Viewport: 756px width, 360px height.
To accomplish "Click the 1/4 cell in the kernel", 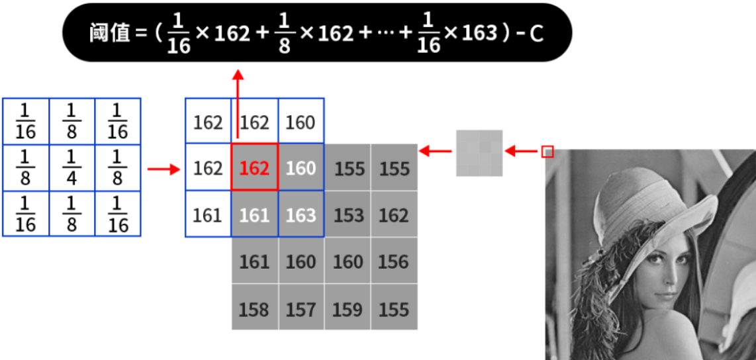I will pos(71,167).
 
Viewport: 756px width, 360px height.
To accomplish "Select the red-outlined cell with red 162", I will pos(254,167).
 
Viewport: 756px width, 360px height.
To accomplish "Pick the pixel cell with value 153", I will pos(348,214).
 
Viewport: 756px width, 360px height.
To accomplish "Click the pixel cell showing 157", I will pos(301,308).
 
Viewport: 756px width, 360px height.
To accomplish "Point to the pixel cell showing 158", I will pos(254,308).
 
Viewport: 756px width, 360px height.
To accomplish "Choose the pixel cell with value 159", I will pos(348,308).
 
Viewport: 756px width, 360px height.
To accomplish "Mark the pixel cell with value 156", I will pos(394,261).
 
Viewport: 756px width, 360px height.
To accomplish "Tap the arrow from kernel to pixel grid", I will pos(164,169).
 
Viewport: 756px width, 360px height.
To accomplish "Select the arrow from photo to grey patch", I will pos(522,152).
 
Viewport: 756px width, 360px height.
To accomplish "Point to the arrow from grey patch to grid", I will pos(436,152).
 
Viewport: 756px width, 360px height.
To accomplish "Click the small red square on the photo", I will pos(547,152).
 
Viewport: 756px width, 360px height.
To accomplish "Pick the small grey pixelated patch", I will pos(479,153).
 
